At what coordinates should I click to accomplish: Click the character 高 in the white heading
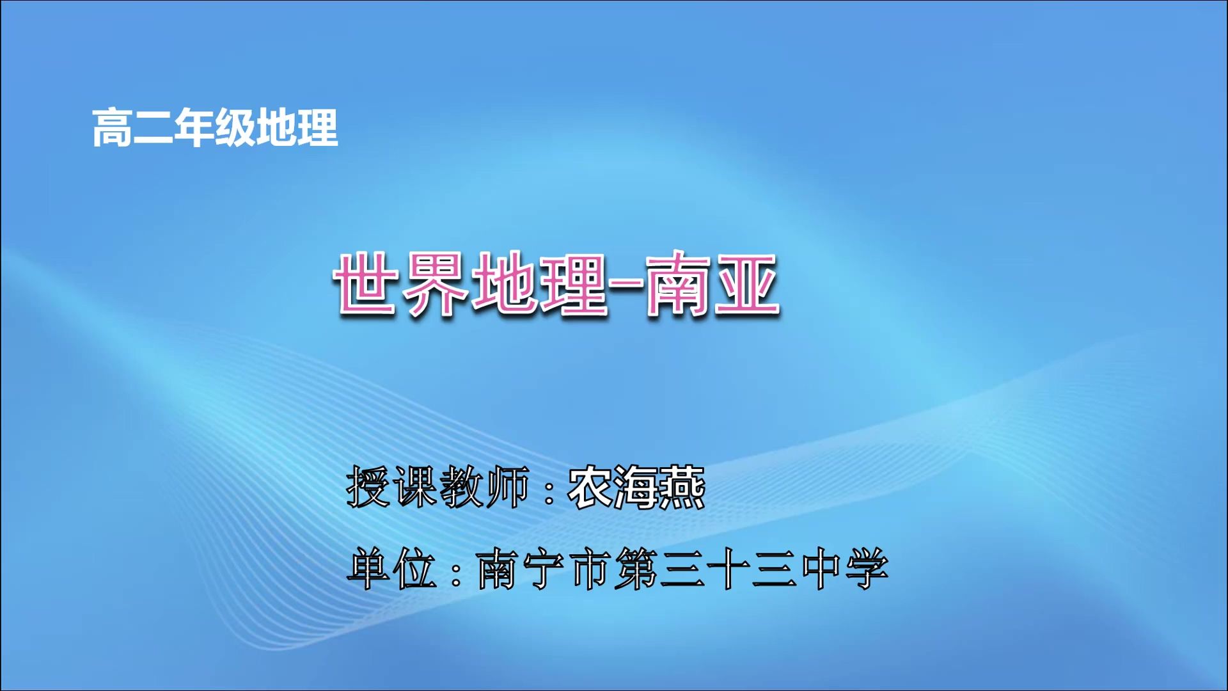113,128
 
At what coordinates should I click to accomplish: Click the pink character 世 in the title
365,283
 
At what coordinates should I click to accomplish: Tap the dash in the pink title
625,282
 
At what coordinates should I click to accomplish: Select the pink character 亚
745,283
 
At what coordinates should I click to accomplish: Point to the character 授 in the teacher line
368,487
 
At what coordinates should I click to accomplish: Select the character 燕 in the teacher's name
682,487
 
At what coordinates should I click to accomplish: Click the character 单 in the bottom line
368,569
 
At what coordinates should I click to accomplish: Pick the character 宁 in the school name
544,569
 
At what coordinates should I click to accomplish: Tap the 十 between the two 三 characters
728,569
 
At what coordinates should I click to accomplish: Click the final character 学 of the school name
867,569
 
